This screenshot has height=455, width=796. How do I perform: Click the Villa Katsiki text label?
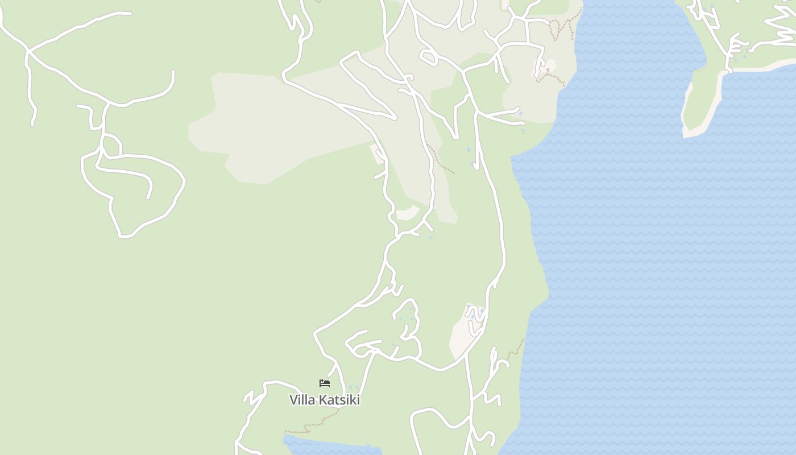(325, 400)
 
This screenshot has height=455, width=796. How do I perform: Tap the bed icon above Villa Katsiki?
(325, 383)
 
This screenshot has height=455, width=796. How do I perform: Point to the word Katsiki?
(339, 400)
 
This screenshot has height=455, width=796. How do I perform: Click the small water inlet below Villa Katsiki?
(330, 446)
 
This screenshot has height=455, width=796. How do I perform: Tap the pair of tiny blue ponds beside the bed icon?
(353, 387)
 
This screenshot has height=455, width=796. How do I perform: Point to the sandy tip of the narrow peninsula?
(691, 133)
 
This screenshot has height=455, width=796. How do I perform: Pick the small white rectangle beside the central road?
(377, 154)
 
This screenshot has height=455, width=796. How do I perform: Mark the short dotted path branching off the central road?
(441, 160)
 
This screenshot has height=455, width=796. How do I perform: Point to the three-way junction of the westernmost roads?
(27, 51)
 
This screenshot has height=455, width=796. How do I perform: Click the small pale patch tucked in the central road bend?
(408, 213)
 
